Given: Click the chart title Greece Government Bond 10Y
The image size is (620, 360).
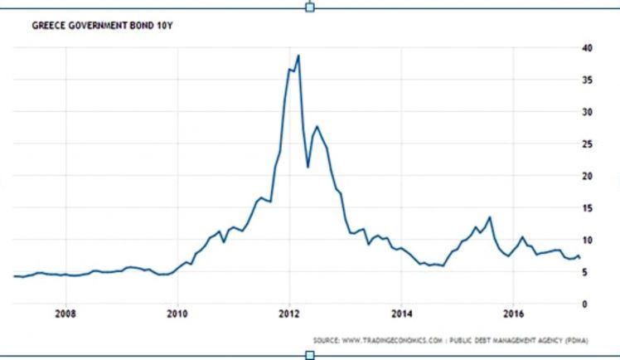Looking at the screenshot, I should tap(101, 26).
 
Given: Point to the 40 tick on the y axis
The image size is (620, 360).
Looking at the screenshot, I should tap(586, 47).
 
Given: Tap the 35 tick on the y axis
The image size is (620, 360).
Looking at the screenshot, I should tap(586, 80).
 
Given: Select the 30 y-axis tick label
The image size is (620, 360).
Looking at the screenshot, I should tap(586, 112).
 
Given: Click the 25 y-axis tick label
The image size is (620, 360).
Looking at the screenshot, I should tap(586, 144).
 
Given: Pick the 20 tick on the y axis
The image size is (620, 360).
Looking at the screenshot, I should tap(586, 176).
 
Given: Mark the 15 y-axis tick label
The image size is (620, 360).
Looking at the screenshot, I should tap(586, 208).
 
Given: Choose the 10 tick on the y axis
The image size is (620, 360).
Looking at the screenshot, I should tap(586, 241).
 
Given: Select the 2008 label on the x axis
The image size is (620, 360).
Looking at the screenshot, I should tap(65, 314).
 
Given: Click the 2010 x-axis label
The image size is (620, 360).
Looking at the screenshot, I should tap(177, 314).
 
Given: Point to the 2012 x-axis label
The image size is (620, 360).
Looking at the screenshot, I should tap(288, 314).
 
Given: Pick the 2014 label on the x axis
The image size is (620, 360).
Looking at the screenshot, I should tap(400, 314).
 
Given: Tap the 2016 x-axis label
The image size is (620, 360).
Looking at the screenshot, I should tap(512, 314).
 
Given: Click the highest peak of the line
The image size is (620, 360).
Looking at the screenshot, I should tap(298, 56).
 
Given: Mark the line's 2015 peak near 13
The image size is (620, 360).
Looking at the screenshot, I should tap(490, 217).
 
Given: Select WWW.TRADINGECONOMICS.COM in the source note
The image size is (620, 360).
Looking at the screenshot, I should tap(386, 340).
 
